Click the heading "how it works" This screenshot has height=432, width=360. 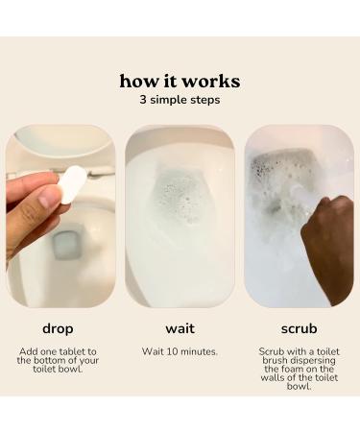tap(180, 81)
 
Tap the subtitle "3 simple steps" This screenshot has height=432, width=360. tap(180, 100)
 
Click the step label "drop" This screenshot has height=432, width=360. tap(59, 328)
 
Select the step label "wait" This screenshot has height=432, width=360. tap(180, 328)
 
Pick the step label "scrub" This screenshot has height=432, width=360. tap(299, 328)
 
